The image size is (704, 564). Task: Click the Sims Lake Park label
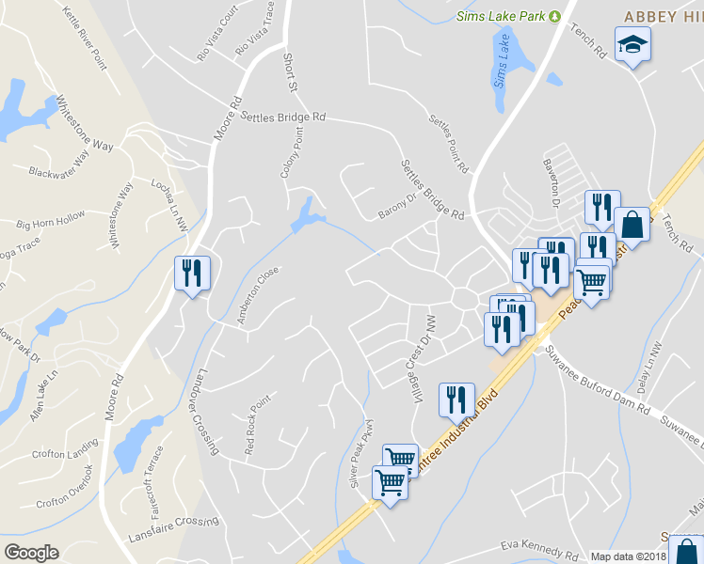[501, 16]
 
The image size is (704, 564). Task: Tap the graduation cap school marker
[632, 43]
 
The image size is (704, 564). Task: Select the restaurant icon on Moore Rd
[192, 274]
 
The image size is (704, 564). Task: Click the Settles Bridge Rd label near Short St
[283, 117]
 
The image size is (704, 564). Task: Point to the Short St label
[290, 72]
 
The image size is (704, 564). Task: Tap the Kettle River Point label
[85, 38]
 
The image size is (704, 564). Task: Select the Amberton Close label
[258, 295]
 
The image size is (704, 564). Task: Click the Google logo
[31, 553]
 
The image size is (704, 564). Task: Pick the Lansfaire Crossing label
[173, 531]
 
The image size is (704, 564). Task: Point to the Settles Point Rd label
[448, 145]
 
